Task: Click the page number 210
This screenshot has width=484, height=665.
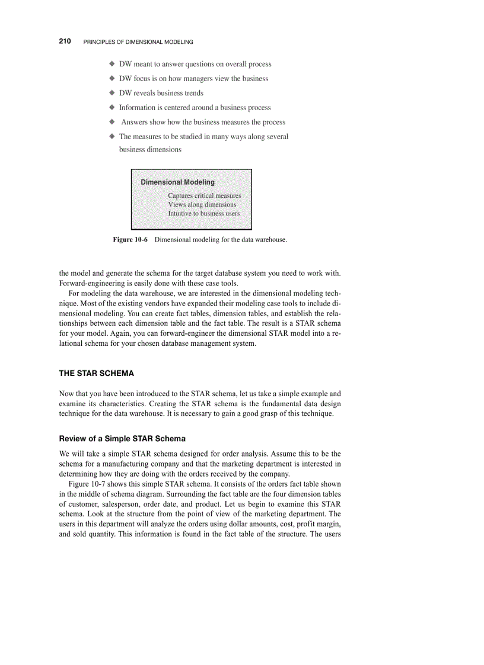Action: (x=65, y=41)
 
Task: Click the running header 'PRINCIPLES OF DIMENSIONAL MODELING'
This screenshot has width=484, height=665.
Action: (x=138, y=42)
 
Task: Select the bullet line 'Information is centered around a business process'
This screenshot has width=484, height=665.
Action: (x=195, y=108)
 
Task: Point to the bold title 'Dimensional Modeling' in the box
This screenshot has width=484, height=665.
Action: (x=177, y=182)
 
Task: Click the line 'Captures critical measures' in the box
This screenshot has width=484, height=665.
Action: (x=204, y=195)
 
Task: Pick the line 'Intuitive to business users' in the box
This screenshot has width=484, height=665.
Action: (x=203, y=213)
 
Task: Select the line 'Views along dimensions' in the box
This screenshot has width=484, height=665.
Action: (x=202, y=204)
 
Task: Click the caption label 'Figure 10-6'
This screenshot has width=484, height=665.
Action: (x=130, y=240)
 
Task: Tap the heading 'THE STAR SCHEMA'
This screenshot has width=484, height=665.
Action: (x=96, y=374)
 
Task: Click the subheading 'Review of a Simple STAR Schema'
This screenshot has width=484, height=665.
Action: (x=122, y=439)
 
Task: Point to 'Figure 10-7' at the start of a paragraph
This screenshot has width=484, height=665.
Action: (x=87, y=484)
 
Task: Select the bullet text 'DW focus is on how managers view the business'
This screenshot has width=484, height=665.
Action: (x=193, y=79)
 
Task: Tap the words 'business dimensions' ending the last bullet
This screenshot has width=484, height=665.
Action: (x=150, y=150)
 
